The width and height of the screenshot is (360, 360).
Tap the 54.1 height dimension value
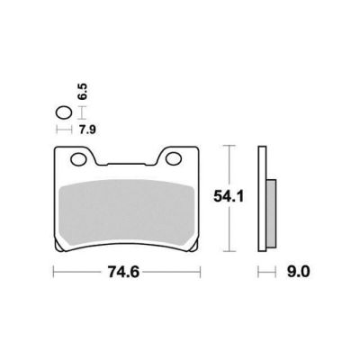click(229, 196)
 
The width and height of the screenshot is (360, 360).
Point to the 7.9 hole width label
click(87, 130)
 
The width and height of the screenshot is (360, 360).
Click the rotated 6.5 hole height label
click(83, 92)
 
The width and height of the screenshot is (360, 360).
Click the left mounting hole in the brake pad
click(79, 159)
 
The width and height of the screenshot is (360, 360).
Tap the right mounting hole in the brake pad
click(174, 159)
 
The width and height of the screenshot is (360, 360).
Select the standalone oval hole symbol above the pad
click(64, 113)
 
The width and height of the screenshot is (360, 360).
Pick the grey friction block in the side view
click(271, 213)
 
